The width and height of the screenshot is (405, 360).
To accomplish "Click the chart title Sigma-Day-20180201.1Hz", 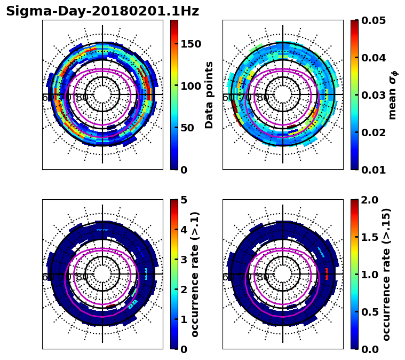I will click(x=102, y=11).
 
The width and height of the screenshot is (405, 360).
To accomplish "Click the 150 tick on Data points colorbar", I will click(x=190, y=44).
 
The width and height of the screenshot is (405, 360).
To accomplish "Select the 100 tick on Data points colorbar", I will click(x=190, y=86).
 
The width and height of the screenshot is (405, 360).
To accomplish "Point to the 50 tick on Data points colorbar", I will click(x=187, y=128).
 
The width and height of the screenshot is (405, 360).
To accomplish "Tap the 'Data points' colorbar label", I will click(x=209, y=95).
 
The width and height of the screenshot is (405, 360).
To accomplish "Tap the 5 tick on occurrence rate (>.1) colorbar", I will click(x=184, y=200).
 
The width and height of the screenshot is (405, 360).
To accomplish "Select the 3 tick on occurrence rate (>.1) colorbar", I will click(x=184, y=260).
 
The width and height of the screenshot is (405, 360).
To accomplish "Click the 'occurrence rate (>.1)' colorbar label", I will click(x=195, y=275).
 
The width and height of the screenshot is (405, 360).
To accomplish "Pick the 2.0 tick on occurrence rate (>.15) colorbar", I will click(x=369, y=200).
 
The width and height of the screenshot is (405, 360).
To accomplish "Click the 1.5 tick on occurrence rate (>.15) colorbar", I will click(x=369, y=237).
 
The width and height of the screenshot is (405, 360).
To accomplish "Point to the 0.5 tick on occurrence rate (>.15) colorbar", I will click(x=369, y=312).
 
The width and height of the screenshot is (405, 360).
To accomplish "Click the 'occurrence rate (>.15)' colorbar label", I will click(x=386, y=275).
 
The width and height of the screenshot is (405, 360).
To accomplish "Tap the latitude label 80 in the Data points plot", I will click(x=82, y=98).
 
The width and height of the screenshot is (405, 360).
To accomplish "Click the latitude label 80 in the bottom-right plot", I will click(x=263, y=278).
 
